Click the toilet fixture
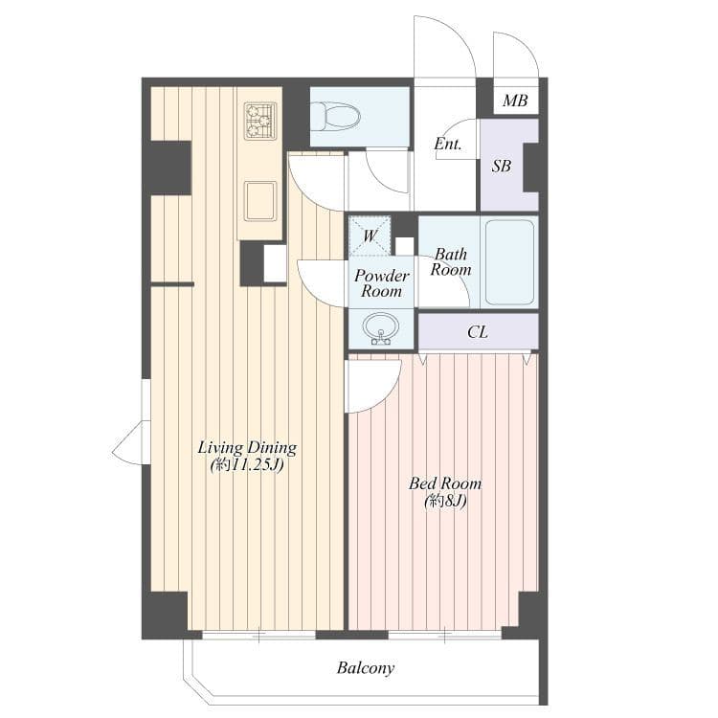click(336, 117)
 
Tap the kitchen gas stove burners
click(260, 120)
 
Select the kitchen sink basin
click(260, 201)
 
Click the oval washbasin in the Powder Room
click(381, 328)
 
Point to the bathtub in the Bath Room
click(509, 262)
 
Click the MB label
click(515, 101)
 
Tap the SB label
click(502, 166)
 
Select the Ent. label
click(447, 145)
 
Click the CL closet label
click(478, 332)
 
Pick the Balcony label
click(366, 668)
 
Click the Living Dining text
click(247, 447)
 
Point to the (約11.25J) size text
click(247, 465)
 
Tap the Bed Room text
click(445, 483)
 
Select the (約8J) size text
click(445, 502)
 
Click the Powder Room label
click(381, 283)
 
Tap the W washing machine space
click(370, 236)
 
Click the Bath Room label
click(451, 261)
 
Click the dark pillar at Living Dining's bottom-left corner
click(166, 614)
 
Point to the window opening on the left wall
click(146, 399)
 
